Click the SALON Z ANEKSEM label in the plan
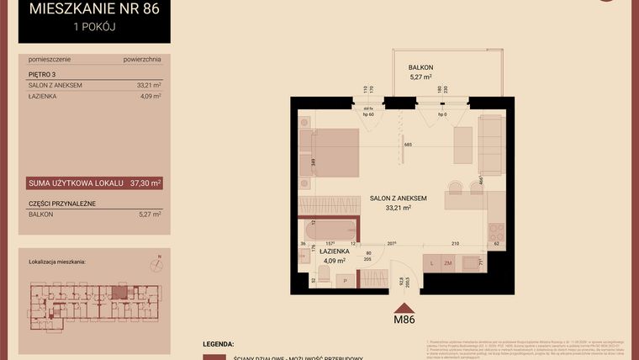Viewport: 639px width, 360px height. [398, 199]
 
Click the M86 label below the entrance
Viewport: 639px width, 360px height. [404, 318]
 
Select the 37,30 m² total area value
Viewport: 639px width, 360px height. [145, 183]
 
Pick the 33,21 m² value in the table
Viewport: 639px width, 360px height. [148, 85]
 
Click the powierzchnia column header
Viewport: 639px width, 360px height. [141, 60]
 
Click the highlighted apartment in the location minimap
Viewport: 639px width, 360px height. [120, 292]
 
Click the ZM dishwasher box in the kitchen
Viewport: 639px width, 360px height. [448, 263]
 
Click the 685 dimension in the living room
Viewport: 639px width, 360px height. [408, 145]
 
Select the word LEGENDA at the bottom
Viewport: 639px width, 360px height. [218, 344]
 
